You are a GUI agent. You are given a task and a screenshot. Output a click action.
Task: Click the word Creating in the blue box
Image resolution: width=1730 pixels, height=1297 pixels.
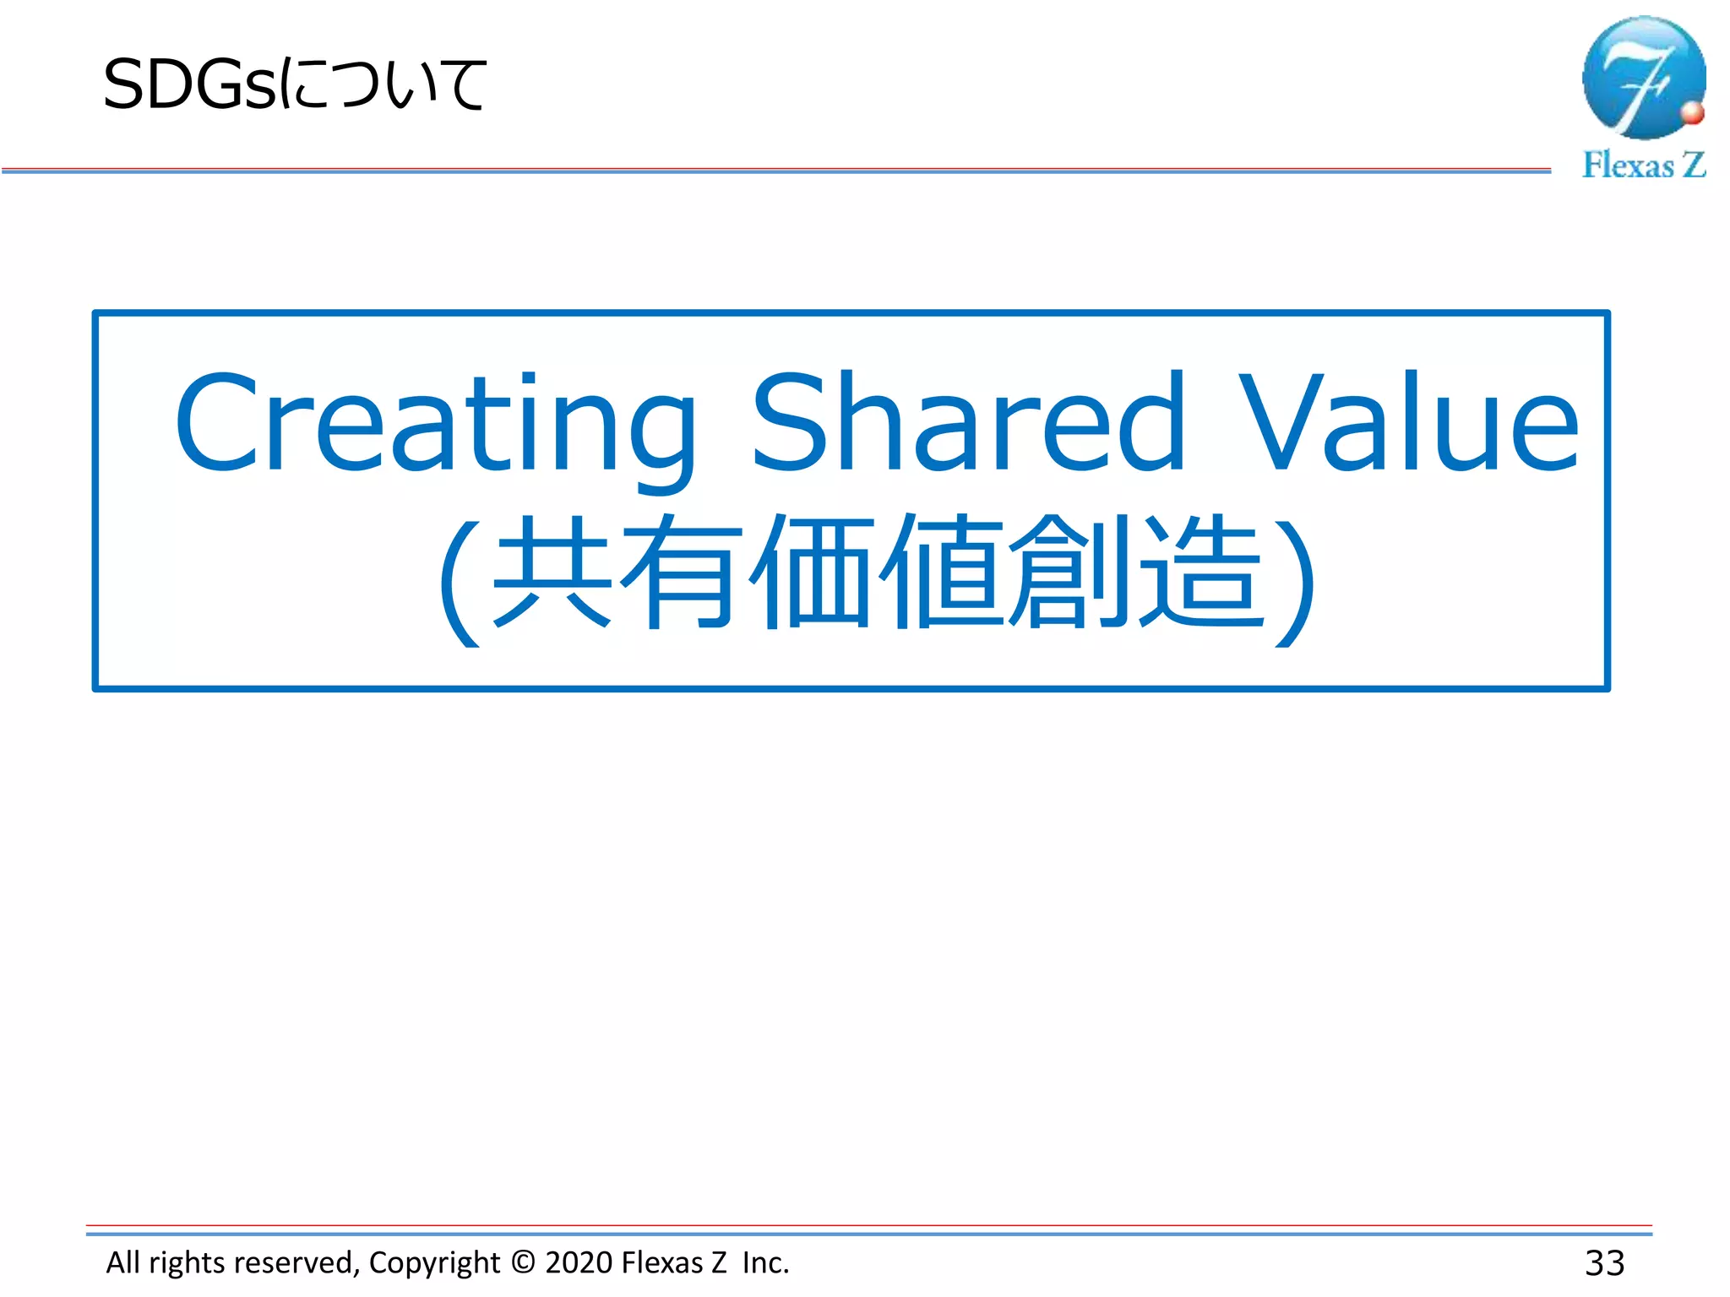(x=435, y=422)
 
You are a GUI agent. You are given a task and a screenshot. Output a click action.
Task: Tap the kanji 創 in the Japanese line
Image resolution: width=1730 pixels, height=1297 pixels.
(x=1069, y=572)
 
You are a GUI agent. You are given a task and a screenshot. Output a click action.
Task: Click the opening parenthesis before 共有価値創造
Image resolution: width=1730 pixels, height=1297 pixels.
(x=459, y=583)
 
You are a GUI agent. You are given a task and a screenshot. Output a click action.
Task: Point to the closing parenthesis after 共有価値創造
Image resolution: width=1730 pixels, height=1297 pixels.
(x=1295, y=583)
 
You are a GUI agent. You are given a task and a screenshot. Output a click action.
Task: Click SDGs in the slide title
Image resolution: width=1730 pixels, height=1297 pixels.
(x=189, y=85)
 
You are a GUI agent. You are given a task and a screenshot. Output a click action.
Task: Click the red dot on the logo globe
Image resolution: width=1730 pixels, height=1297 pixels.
(x=1692, y=113)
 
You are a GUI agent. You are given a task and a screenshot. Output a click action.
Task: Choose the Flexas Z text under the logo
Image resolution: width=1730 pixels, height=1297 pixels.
(x=1643, y=166)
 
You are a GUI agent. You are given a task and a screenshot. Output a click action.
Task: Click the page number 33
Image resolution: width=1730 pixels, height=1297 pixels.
(x=1604, y=1263)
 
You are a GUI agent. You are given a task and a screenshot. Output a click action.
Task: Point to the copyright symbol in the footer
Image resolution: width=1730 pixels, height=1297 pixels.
(x=523, y=1262)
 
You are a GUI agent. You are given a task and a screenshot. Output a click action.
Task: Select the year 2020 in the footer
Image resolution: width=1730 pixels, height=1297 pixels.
(x=579, y=1262)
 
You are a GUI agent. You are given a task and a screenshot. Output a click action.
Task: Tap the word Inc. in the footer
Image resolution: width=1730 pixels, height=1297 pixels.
(x=765, y=1262)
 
